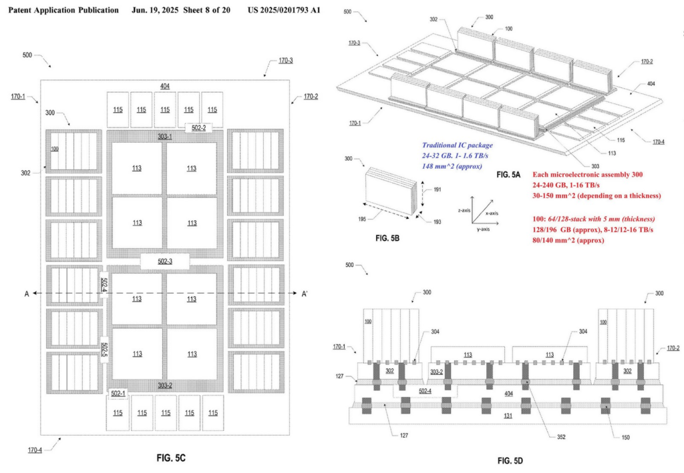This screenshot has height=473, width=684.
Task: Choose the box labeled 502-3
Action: click(x=165, y=262)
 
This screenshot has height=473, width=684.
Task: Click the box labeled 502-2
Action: click(x=198, y=127)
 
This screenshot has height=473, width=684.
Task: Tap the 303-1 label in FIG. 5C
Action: click(x=164, y=136)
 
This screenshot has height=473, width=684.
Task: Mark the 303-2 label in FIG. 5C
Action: click(x=164, y=386)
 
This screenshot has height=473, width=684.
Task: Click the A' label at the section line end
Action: click(x=305, y=294)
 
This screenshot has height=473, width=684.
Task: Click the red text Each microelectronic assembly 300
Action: click(x=587, y=175)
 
